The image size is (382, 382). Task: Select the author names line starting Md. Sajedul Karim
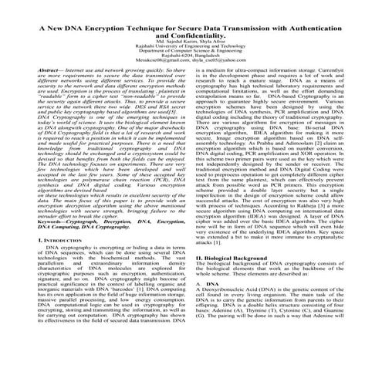tap(191, 43)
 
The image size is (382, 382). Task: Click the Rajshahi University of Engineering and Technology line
tap(191, 49)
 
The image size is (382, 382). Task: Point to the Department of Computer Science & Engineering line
tap(191, 54)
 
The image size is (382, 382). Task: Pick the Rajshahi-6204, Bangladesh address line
tap(191, 59)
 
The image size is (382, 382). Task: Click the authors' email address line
tap(191, 65)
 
